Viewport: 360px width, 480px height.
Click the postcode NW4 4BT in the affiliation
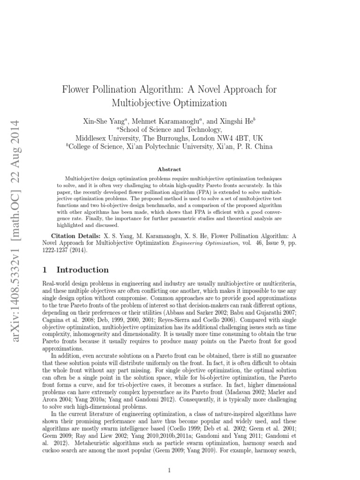[x=232, y=138]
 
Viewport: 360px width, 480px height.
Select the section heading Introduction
[x=82, y=270]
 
